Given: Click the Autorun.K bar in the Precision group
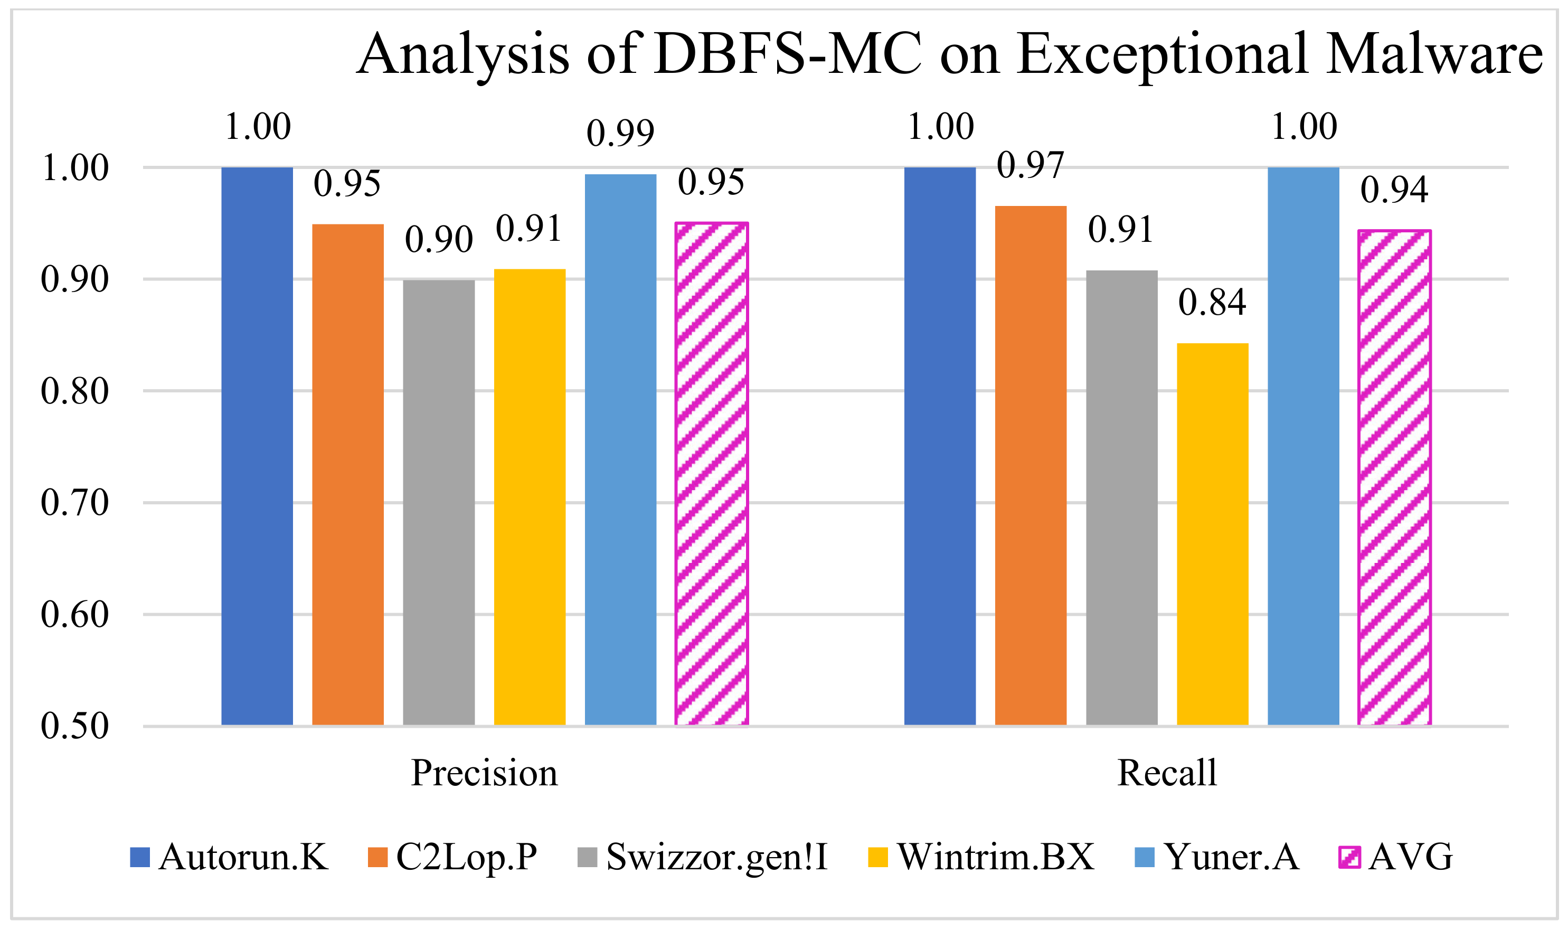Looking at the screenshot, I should tap(257, 446).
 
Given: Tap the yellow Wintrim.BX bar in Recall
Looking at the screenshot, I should tap(1212, 534).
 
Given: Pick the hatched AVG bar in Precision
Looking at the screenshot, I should tap(711, 474).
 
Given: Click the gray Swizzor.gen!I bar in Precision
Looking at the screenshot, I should tap(439, 503).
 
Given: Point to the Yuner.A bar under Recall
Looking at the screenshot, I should tap(1303, 446).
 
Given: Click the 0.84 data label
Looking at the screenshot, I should tap(1212, 303).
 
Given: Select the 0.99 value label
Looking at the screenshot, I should tap(620, 133).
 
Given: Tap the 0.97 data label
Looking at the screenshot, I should tap(1030, 165).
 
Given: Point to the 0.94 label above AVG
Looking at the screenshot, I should tap(1394, 190).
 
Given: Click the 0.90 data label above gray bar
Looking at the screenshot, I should tap(439, 239).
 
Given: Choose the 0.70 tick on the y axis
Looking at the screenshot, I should tap(74, 503).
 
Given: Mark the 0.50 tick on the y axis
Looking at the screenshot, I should tap(74, 726).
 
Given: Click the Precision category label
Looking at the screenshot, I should tap(484, 773).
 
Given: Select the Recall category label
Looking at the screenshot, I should tap(1166, 773).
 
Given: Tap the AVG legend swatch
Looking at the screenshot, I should tap(1349, 857).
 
